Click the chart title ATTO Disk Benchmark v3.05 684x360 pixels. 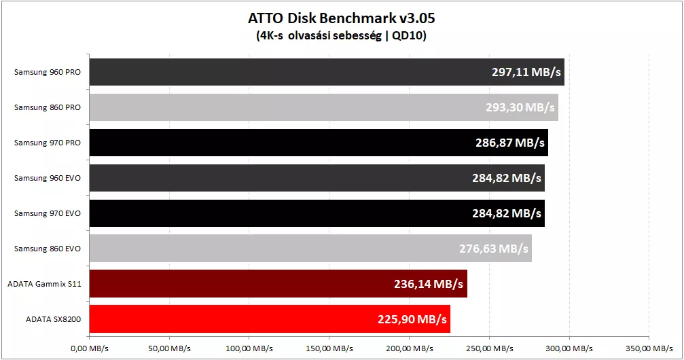[x=342, y=18]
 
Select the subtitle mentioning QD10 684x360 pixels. [x=341, y=35]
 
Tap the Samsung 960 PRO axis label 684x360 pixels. [x=47, y=72]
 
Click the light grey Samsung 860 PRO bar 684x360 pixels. [x=324, y=107]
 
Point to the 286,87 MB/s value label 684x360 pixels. [x=510, y=143]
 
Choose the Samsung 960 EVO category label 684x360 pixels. [x=47, y=178]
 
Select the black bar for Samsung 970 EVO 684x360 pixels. [x=317, y=213]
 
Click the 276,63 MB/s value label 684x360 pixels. [x=493, y=249]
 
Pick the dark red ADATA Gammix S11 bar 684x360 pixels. [x=278, y=284]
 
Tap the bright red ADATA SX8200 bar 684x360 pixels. [x=270, y=319]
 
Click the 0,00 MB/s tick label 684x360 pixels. [x=90, y=348]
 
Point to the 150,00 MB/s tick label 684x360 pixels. [x=329, y=348]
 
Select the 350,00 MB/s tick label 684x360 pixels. [x=649, y=348]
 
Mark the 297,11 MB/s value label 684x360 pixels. [x=526, y=72]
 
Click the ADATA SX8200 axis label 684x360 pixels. [x=53, y=319]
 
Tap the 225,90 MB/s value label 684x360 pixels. [x=412, y=319]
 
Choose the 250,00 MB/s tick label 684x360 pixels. [x=489, y=348]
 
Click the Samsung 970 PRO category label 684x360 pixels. [x=47, y=143]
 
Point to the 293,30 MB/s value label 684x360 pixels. [x=520, y=107]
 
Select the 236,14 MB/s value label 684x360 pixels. [x=429, y=284]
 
